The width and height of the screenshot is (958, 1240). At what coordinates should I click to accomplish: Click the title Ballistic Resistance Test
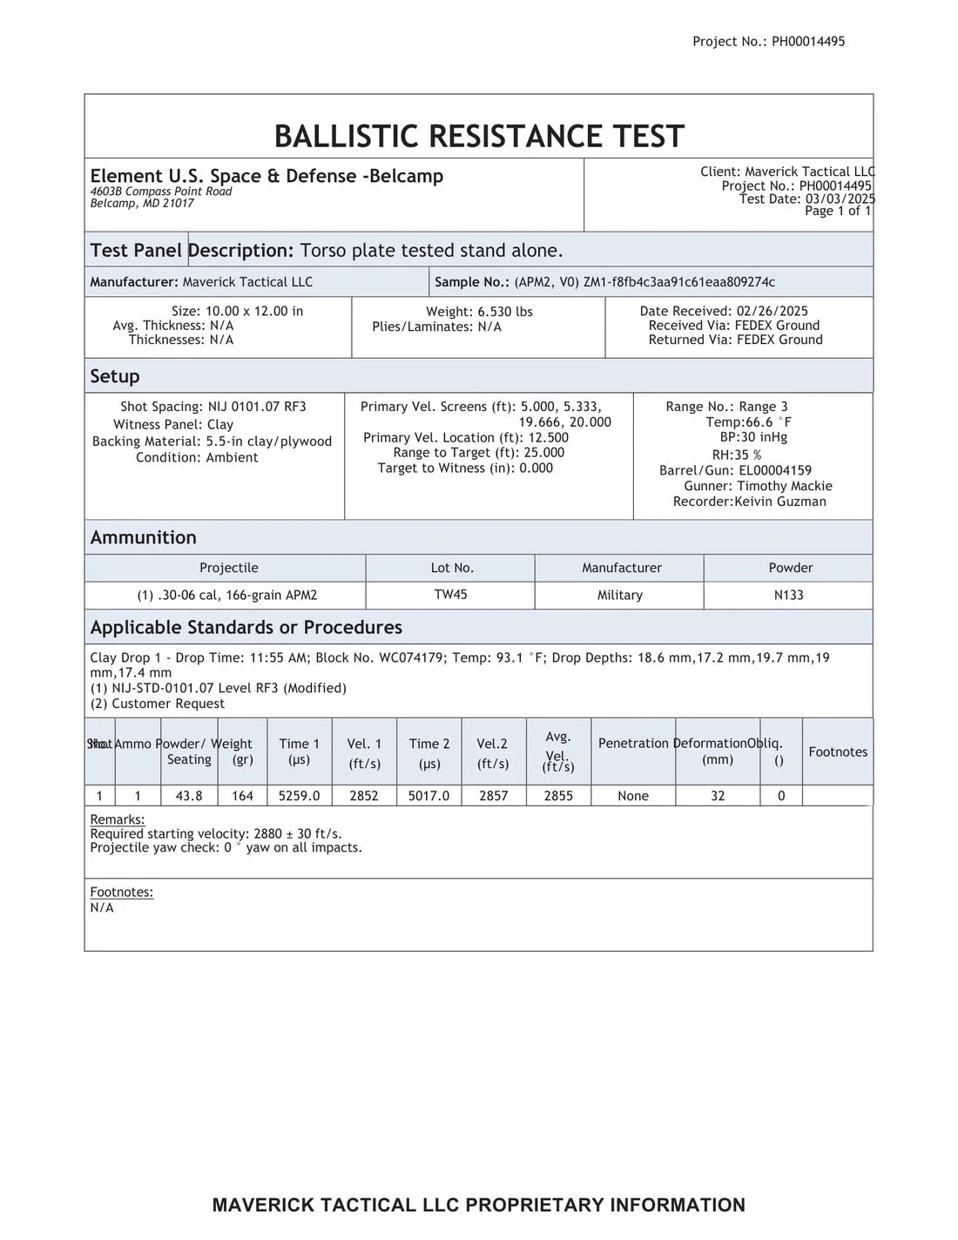[479, 137]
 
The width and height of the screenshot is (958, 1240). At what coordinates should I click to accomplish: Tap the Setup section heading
[115, 376]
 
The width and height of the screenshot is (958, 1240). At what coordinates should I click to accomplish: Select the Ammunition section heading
[143, 537]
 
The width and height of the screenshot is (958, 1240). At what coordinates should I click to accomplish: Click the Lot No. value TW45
[450, 595]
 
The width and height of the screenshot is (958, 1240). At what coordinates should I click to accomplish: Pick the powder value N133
[788, 596]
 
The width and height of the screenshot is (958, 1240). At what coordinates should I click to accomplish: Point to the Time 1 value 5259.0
[299, 796]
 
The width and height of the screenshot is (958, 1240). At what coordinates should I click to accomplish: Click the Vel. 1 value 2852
[364, 796]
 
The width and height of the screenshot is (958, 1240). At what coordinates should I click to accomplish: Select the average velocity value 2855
[558, 796]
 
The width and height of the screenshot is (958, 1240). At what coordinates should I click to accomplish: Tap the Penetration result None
[633, 796]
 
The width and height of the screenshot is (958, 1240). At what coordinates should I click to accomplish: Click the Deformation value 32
[718, 796]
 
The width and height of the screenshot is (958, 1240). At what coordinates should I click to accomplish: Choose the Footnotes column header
[838, 752]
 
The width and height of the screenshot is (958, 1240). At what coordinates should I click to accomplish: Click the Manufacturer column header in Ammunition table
[622, 568]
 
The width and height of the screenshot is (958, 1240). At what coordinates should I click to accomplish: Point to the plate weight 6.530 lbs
[505, 312]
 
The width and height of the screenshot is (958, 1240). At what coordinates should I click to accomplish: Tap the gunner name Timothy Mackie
[785, 486]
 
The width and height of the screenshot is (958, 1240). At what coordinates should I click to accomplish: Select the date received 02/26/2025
[771, 311]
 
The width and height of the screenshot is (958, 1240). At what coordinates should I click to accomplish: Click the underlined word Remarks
[118, 819]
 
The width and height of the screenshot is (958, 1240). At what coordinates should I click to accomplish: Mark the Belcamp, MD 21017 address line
[142, 204]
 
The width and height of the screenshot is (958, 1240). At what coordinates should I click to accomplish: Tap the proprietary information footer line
[479, 1205]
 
